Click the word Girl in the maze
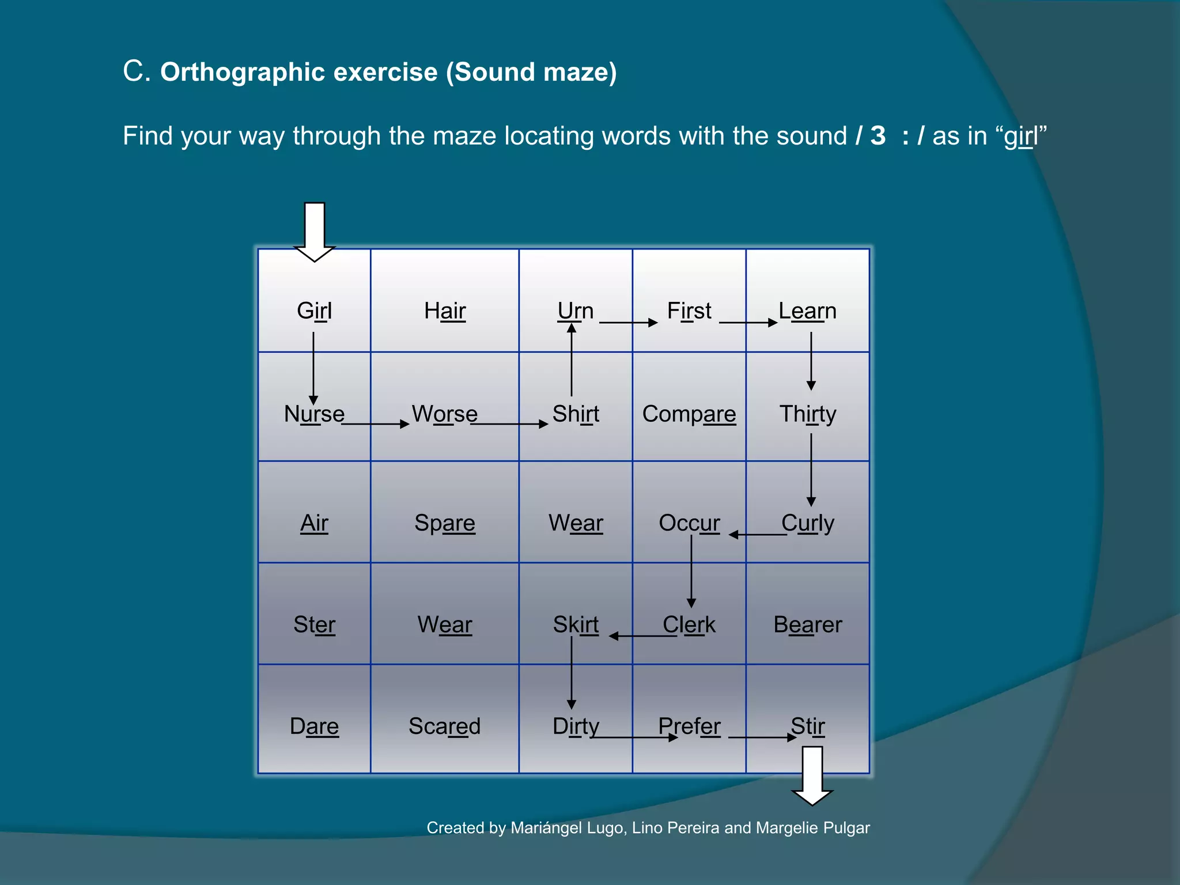pyautogui.click(x=314, y=311)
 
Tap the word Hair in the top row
pyautogui.click(x=445, y=311)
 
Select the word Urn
pyautogui.click(x=575, y=311)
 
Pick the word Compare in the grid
pyautogui.click(x=689, y=414)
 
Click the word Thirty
pyautogui.click(x=808, y=414)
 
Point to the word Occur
pyautogui.click(x=689, y=523)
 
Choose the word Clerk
pyautogui.click(x=689, y=625)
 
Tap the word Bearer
pyautogui.click(x=808, y=625)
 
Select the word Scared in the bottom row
pyautogui.click(x=445, y=727)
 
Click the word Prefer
pyautogui.click(x=689, y=727)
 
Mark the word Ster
pyautogui.click(x=314, y=625)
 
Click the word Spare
pyautogui.click(x=445, y=523)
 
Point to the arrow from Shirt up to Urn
pyautogui.click(x=572, y=361)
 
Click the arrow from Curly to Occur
pyautogui.click(x=758, y=535)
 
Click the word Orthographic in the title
pyautogui.click(x=243, y=73)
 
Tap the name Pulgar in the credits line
pyautogui.click(x=846, y=828)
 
